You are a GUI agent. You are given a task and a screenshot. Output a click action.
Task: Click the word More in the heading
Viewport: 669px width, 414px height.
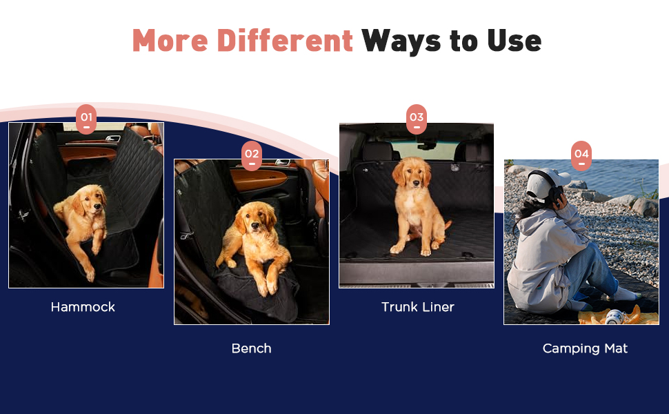(170, 41)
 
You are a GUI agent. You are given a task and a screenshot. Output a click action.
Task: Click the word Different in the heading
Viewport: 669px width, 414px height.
(285, 40)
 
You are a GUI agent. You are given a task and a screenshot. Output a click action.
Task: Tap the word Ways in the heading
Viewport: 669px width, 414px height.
(401, 41)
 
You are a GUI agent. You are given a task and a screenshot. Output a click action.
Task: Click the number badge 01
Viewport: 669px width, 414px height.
(86, 119)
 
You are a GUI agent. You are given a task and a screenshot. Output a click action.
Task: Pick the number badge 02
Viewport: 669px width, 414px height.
(252, 156)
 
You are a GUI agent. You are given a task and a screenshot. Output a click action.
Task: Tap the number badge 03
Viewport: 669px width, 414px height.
(417, 119)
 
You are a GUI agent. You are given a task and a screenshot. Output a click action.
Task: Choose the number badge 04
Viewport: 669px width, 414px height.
(581, 156)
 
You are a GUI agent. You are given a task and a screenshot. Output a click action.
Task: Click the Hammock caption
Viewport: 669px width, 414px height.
(83, 307)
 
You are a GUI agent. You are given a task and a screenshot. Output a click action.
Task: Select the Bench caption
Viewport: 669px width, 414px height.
(251, 348)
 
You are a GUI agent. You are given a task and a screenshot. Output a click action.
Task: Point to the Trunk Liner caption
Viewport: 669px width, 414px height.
(418, 307)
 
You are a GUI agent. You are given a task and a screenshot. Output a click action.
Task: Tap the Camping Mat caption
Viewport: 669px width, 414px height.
(585, 348)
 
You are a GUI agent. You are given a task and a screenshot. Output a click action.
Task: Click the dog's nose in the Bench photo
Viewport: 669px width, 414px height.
(254, 225)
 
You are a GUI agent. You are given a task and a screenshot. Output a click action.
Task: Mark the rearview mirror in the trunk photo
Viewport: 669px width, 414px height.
(427, 146)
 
